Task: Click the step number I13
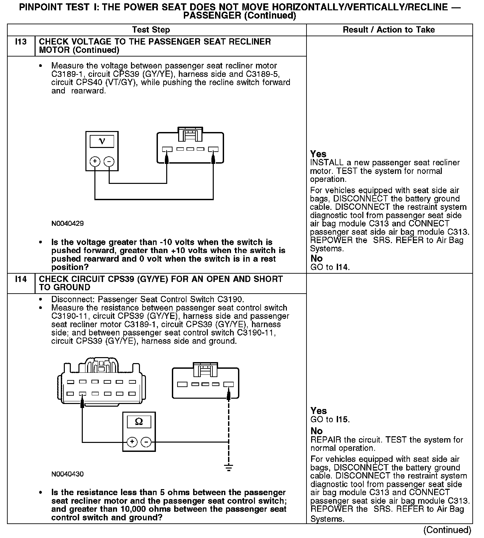pos(21,42)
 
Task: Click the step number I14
pos(21,279)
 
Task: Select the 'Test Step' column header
pos(151,30)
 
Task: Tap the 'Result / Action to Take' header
pos(389,30)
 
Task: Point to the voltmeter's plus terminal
pos(95,162)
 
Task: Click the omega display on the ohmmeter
pos(139,422)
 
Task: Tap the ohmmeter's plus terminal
pos(132,442)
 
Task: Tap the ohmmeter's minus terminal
pos(146,442)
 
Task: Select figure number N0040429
pos(67,223)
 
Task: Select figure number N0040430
pos(67,474)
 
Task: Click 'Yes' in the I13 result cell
pos(318,154)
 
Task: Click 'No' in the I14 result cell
pos(316,431)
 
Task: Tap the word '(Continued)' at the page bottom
pos(447,530)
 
